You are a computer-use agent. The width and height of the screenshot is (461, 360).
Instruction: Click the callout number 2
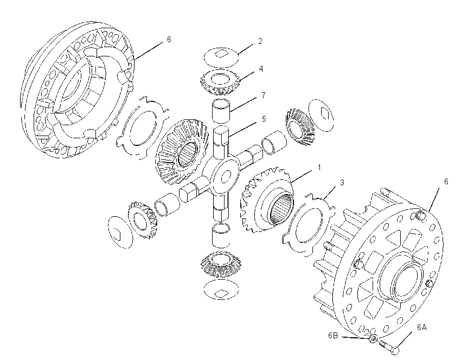(260, 41)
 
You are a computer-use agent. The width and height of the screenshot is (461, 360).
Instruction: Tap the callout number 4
(261, 69)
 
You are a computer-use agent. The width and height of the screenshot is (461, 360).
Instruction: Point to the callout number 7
(263, 95)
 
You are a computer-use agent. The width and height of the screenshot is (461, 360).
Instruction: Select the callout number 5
(264, 119)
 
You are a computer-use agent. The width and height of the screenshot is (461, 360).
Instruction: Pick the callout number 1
(319, 168)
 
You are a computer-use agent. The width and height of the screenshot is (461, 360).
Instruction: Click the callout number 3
(342, 183)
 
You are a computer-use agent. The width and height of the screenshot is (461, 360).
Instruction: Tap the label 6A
(421, 327)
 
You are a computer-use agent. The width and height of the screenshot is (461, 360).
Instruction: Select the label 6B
(333, 336)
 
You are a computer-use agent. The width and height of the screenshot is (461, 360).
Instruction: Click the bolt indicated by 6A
(389, 346)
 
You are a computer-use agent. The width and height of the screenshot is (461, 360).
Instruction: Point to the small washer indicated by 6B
(373, 339)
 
